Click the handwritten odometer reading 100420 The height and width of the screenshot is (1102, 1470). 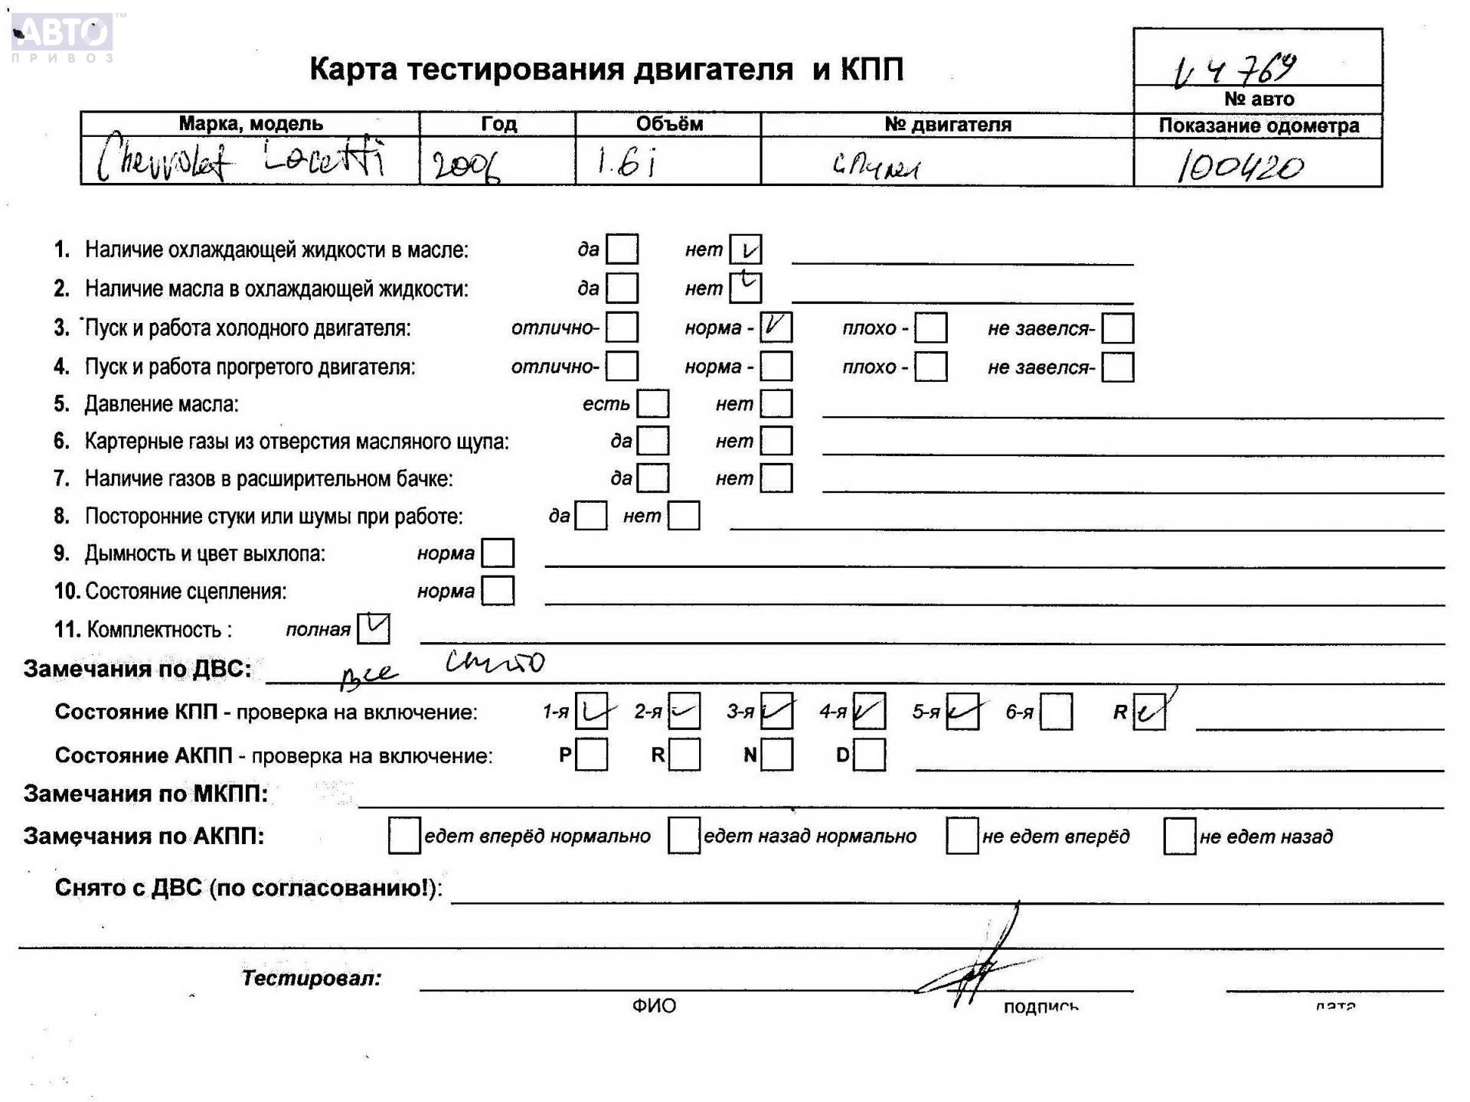tap(1240, 166)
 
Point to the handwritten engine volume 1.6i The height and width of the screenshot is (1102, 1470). tap(626, 162)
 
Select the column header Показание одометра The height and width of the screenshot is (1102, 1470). tap(1258, 126)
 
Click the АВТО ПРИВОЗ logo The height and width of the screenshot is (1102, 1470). tap(63, 37)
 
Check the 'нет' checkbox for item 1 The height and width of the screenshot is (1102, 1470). tap(745, 249)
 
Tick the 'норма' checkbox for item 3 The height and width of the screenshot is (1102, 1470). tap(776, 328)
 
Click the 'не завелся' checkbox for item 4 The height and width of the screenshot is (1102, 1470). tap(1117, 367)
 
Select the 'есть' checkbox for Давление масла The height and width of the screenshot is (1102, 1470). tap(653, 403)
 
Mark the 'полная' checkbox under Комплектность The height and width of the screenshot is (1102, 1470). tap(374, 629)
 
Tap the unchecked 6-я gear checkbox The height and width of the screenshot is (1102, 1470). tap(1056, 712)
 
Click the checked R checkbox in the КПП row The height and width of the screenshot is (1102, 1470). tap(1148, 712)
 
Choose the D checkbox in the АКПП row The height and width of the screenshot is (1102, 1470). tap(869, 755)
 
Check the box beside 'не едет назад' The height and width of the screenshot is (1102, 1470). tap(1179, 836)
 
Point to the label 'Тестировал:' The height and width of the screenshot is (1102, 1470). tap(311, 978)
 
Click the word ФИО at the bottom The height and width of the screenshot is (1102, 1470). tap(654, 1006)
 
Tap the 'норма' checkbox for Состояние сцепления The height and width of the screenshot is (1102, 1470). tap(498, 591)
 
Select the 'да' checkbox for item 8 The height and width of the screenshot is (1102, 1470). tap(590, 516)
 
